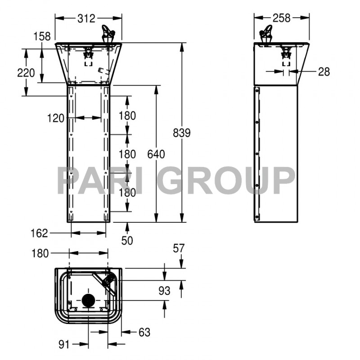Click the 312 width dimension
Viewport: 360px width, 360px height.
click(86, 18)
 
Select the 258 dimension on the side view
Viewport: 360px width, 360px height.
click(282, 18)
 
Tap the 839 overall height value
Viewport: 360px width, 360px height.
click(182, 133)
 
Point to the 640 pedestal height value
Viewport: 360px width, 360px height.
click(156, 154)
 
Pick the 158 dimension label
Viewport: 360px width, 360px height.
click(42, 36)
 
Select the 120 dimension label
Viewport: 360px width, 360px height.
click(56, 118)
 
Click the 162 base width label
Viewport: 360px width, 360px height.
click(40, 233)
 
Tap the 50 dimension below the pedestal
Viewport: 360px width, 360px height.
click(127, 241)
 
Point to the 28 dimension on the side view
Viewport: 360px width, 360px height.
click(323, 72)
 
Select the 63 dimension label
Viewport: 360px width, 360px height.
click(144, 333)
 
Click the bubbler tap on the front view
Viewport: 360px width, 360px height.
click(108, 34)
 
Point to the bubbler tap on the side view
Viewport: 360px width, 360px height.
click(266, 34)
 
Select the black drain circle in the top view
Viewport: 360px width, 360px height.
click(89, 300)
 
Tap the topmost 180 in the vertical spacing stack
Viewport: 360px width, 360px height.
click(127, 116)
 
